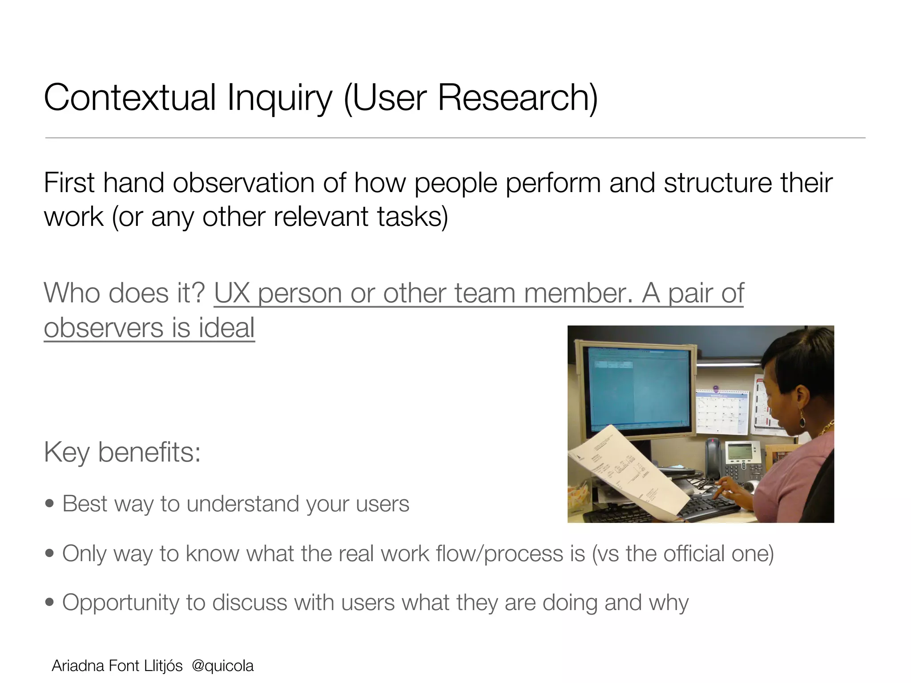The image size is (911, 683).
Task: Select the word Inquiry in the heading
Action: [x=279, y=99]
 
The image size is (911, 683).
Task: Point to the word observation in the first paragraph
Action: [x=244, y=183]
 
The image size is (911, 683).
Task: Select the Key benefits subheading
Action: [x=122, y=453]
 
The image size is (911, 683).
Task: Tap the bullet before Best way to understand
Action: [x=50, y=504]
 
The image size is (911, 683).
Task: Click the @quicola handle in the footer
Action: [x=222, y=666]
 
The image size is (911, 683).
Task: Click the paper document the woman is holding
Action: [x=623, y=471]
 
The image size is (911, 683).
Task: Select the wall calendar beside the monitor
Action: [x=722, y=412]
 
